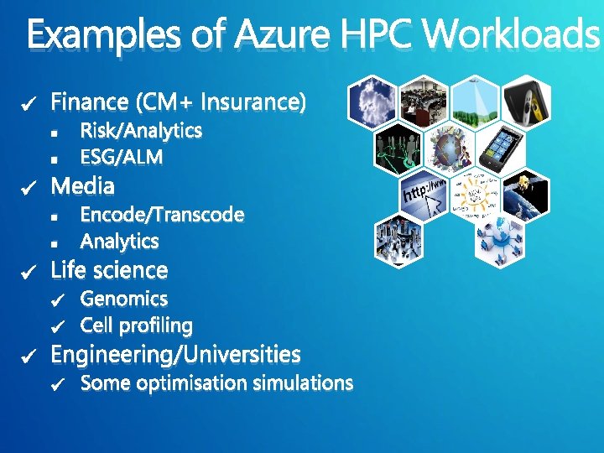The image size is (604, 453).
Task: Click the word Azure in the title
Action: (284, 36)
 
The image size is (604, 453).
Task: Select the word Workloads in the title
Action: (512, 36)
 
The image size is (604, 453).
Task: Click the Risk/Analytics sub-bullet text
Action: (141, 131)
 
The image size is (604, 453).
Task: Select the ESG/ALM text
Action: (122, 158)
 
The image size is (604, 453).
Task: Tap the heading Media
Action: (83, 185)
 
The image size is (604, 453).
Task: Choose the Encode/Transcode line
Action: (162, 215)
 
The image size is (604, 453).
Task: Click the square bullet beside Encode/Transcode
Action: (54, 216)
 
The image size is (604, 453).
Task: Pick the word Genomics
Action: (124, 299)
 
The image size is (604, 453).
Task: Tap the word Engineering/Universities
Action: (175, 355)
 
